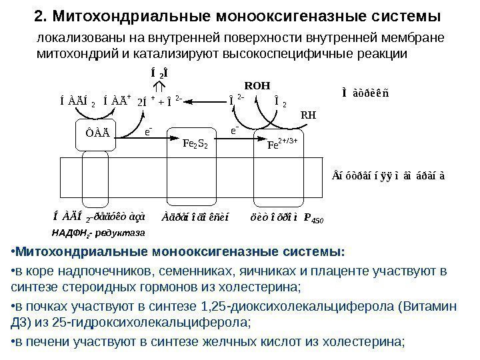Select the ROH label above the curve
pyautogui.click(x=257, y=85)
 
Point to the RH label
pyautogui.click(x=309, y=115)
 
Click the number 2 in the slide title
pyautogui.click(x=38, y=15)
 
